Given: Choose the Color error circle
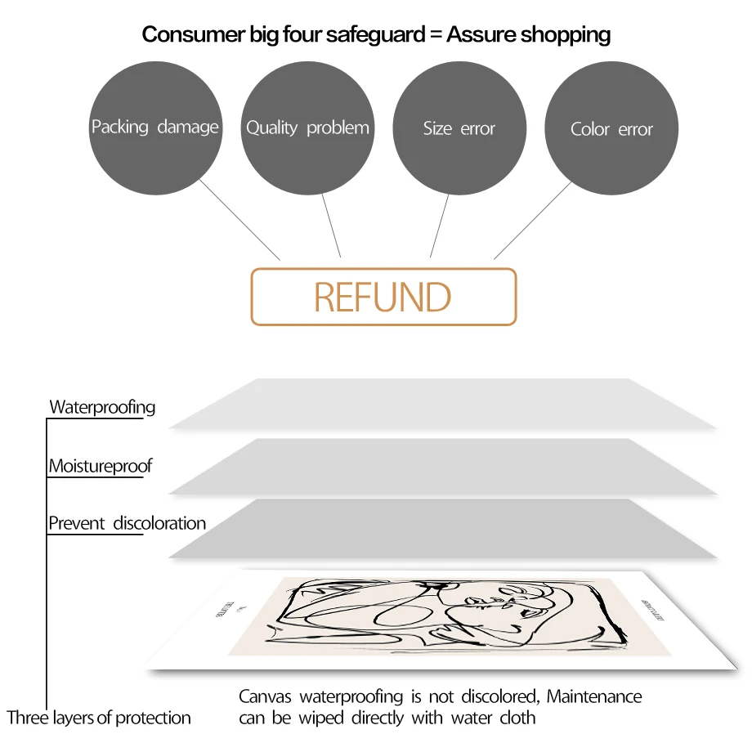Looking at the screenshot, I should tap(611, 128).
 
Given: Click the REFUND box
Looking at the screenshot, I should tap(383, 297).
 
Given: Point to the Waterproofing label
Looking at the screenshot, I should tap(102, 407).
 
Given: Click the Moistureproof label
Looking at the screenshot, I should tap(101, 466).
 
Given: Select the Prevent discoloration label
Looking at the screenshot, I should tap(127, 523).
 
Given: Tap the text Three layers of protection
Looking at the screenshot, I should tap(99, 718).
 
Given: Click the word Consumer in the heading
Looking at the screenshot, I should tap(186, 34).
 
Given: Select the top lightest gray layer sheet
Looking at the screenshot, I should tap(441, 404).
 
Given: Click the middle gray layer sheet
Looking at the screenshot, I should tap(441, 466).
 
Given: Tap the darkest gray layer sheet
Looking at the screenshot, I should tap(441, 529).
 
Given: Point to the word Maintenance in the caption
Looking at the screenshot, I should tap(594, 696).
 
